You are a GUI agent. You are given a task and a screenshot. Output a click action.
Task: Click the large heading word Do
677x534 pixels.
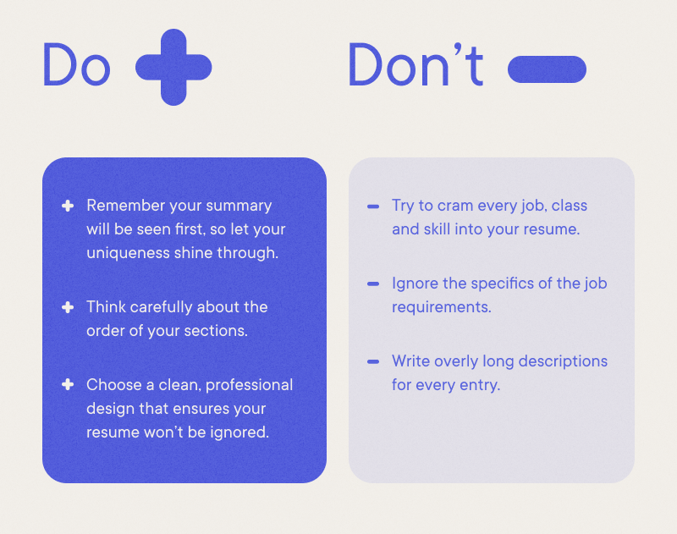click(76, 65)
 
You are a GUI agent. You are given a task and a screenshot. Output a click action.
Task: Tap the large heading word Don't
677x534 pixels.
click(416, 65)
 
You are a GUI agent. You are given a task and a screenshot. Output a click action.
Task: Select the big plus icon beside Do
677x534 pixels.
click(173, 67)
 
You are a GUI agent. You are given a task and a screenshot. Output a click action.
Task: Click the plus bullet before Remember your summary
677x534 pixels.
click(68, 206)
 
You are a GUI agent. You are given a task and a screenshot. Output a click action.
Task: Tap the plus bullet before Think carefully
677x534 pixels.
click(68, 307)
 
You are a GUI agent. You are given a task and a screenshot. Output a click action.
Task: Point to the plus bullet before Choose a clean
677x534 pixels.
click(68, 385)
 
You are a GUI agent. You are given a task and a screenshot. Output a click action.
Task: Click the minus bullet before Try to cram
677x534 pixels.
click(373, 206)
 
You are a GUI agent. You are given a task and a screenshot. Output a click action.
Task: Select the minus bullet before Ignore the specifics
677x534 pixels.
click(373, 284)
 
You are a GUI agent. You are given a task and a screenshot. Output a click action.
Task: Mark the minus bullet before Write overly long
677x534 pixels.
click(373, 361)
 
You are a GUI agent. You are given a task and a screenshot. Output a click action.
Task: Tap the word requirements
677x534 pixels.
click(441, 307)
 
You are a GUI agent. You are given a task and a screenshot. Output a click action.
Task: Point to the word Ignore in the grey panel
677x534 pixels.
click(415, 284)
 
